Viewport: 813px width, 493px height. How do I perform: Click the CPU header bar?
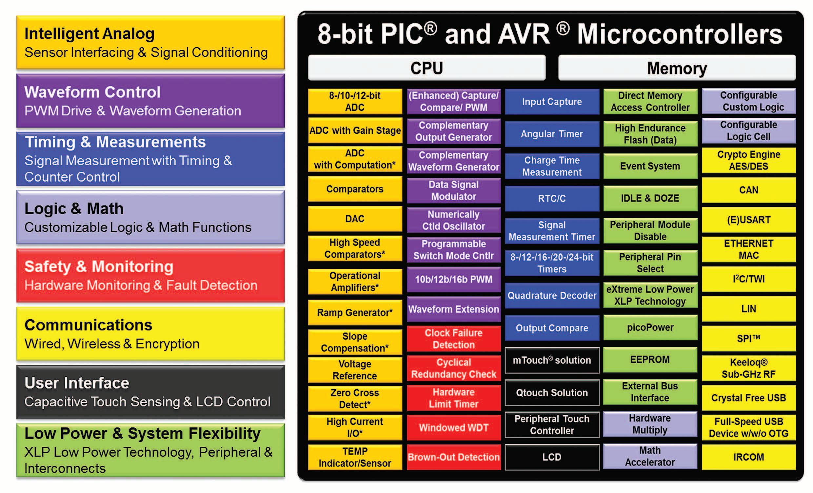pyautogui.click(x=426, y=68)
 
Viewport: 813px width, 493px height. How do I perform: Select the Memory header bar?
pyautogui.click(x=677, y=68)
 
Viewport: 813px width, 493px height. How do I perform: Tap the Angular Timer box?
pyautogui.click(x=552, y=134)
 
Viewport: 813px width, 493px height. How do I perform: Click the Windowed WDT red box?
pyautogui.click(x=454, y=427)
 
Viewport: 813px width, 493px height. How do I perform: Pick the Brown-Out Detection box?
pyautogui.click(x=454, y=457)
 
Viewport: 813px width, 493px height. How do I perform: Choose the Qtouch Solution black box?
pyautogui.click(x=552, y=392)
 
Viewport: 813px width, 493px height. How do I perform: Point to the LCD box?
pyautogui.click(x=552, y=457)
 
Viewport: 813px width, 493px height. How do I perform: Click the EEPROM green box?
pyautogui.click(x=650, y=359)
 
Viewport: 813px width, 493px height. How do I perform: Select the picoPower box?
pyautogui.click(x=650, y=327)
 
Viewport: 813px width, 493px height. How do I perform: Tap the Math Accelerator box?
pyautogui.click(x=650, y=456)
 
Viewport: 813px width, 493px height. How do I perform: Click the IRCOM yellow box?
pyautogui.click(x=748, y=457)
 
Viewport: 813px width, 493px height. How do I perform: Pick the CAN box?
pyautogui.click(x=748, y=190)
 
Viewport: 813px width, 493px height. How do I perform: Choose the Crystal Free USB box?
pyautogui.click(x=748, y=398)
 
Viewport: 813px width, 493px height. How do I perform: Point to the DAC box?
pyautogui.click(x=355, y=218)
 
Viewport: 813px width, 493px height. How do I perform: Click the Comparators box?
pyautogui.click(x=355, y=189)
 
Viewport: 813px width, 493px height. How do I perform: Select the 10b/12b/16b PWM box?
pyautogui.click(x=454, y=279)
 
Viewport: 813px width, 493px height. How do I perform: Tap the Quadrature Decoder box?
pyautogui.click(x=552, y=295)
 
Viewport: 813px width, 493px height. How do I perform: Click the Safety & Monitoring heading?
pyautogui.click(x=99, y=266)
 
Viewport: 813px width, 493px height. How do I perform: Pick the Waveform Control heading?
pyautogui.click(x=92, y=92)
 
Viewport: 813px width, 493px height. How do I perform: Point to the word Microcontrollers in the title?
pyautogui.click(x=680, y=34)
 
